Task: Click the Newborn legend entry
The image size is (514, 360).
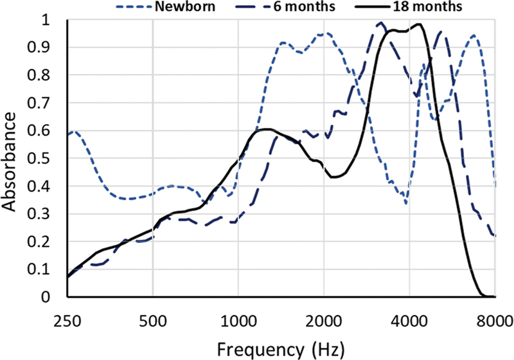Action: coord(166,6)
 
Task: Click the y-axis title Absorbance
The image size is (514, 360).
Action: coord(9,162)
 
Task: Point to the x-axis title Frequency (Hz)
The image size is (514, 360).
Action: coord(281,350)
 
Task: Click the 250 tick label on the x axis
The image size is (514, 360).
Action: coord(67,321)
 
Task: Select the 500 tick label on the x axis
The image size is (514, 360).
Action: coord(153,321)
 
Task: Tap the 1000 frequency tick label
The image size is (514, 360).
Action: coord(238,321)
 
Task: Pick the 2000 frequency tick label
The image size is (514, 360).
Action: coord(324,321)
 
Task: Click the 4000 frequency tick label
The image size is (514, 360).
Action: coord(409,321)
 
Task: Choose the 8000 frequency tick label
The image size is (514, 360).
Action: coord(495,321)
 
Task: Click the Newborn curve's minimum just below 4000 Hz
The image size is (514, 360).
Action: coord(407,204)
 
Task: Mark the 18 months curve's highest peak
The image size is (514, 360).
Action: coord(418,24)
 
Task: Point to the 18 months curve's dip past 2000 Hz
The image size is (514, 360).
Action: coord(334,177)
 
